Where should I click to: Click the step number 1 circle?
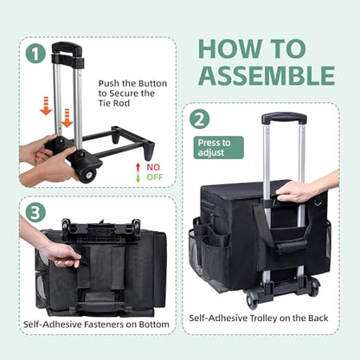(x=35, y=55)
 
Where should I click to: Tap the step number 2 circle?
(x=200, y=120)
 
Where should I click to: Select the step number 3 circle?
(x=35, y=213)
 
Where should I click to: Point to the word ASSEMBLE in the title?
(x=267, y=75)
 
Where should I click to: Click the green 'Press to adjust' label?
(x=219, y=148)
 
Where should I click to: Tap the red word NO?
(x=153, y=167)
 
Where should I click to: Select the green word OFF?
(x=155, y=177)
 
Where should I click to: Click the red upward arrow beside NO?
(x=138, y=168)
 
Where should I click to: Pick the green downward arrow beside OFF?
(x=138, y=177)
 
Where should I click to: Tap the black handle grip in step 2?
(x=284, y=119)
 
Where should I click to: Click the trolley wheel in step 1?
(x=87, y=174)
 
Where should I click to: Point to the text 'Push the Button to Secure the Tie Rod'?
(x=132, y=93)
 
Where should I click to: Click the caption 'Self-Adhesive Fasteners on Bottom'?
(x=96, y=325)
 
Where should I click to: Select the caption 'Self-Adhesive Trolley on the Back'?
(x=259, y=318)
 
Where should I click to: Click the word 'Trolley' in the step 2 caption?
(x=262, y=318)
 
